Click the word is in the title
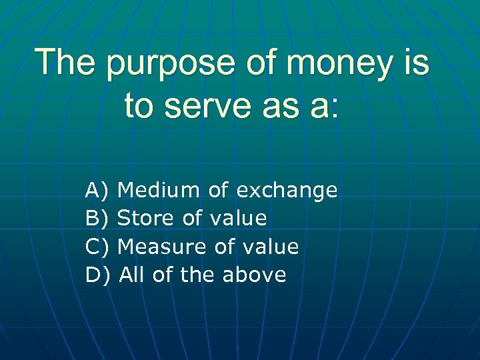(x=413, y=61)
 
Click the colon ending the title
(x=334, y=107)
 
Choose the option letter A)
(x=97, y=191)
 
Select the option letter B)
(x=97, y=219)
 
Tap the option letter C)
(x=97, y=247)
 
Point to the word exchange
(x=287, y=192)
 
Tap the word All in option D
(x=132, y=275)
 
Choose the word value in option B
(x=238, y=219)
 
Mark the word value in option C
(x=269, y=247)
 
